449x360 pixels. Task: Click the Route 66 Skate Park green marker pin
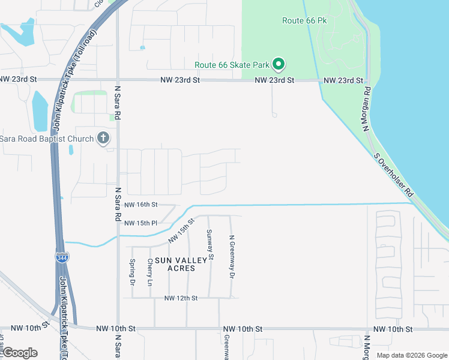coord(279,64)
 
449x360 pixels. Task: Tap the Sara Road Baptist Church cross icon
coord(103,139)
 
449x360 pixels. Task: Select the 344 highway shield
coord(62,257)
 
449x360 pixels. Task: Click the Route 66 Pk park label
coord(304,20)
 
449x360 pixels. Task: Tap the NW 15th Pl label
coord(140,223)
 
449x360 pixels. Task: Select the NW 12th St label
coord(181,298)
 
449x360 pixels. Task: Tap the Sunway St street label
coord(210,245)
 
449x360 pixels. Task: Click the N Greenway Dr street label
coord(232,256)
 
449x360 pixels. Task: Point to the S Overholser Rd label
coord(394,175)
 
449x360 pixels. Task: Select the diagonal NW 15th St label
coord(182,230)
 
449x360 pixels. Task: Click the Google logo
coord(19,353)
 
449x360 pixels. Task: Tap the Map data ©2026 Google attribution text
coord(411,355)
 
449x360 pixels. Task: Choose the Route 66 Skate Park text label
coord(231,65)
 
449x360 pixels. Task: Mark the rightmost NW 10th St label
coord(393,329)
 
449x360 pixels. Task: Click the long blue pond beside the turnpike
coord(40,111)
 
